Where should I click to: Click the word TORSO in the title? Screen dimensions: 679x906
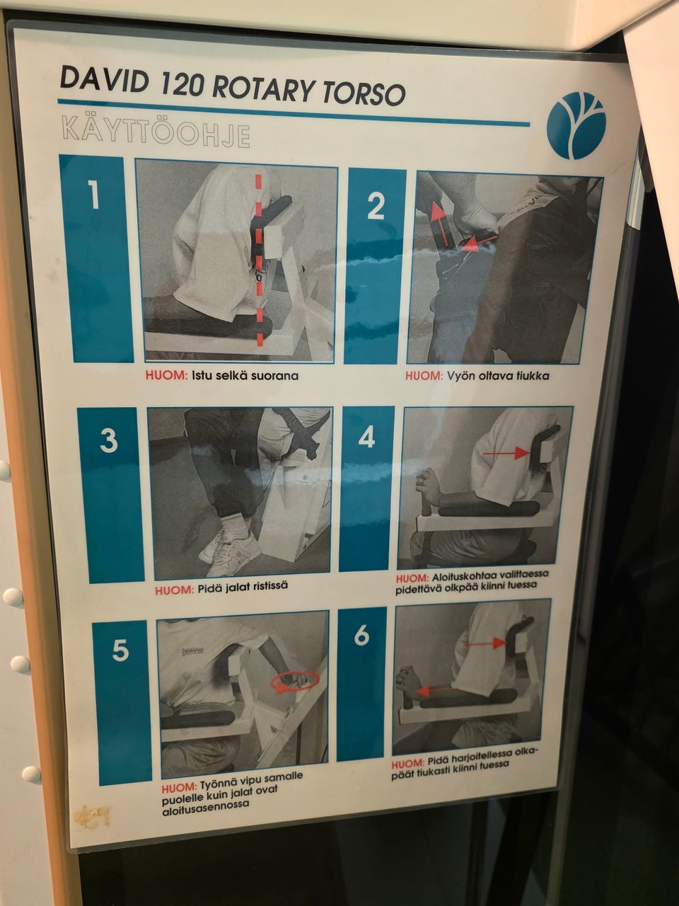coord(364,93)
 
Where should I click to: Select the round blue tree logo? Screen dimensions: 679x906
coord(576,125)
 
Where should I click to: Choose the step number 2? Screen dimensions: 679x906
coord(375,206)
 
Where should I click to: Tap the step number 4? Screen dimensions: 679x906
coord(366,437)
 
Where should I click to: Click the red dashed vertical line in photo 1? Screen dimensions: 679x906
coord(258,259)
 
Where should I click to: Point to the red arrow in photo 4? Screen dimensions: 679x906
coord(506,453)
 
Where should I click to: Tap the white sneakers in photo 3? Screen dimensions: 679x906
coord(233,550)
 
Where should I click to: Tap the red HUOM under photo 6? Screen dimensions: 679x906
coord(407,763)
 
